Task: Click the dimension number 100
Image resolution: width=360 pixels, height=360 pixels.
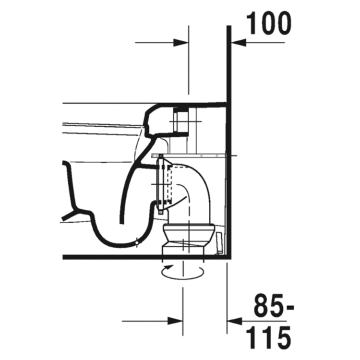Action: [269, 23]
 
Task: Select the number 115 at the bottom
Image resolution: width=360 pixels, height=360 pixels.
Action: [269, 338]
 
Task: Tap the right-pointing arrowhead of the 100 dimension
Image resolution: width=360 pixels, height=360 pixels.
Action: [181, 43]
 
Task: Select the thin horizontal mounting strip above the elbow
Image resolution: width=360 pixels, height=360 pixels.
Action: [192, 156]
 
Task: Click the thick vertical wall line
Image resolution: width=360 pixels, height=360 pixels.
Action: [229, 144]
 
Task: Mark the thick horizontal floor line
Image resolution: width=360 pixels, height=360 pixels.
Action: [144, 257]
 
